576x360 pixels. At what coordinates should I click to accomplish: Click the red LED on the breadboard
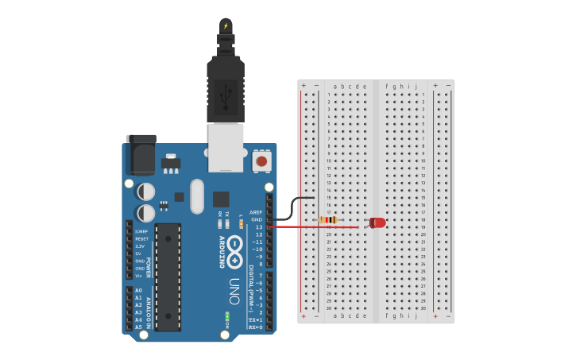click(377, 223)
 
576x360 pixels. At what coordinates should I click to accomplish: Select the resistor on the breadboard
click(327, 220)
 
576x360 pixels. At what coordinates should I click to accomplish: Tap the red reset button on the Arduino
click(261, 162)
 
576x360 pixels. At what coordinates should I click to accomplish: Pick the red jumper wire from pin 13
click(318, 227)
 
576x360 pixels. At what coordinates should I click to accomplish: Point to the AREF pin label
click(256, 212)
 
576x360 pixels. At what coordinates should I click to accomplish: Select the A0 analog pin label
click(138, 291)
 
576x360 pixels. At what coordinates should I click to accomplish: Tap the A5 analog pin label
click(138, 327)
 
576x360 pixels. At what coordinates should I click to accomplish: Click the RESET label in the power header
click(141, 238)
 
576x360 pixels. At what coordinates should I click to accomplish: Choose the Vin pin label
click(139, 275)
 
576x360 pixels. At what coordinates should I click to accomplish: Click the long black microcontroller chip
click(168, 277)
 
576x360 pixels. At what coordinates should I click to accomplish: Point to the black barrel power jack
click(141, 154)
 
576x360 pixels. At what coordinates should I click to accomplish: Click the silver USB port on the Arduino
click(225, 148)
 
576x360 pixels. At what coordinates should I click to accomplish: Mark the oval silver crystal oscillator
click(196, 195)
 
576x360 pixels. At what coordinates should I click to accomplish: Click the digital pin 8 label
click(260, 263)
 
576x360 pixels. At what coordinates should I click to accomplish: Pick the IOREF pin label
click(141, 231)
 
